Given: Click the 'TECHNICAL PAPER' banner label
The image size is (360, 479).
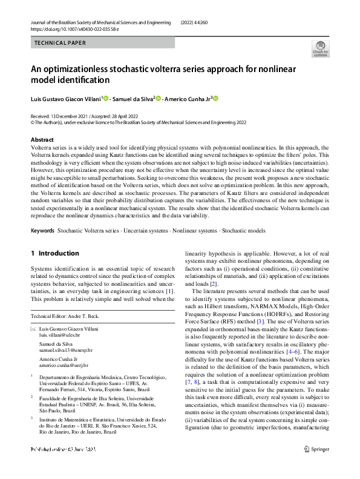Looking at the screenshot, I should (x=61, y=43).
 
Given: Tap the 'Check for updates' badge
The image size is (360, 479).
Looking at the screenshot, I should (x=320, y=48).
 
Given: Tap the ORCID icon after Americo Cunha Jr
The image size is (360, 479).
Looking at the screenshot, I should (x=214, y=98).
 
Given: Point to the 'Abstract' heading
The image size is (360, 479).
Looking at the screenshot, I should (x=42, y=139).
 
